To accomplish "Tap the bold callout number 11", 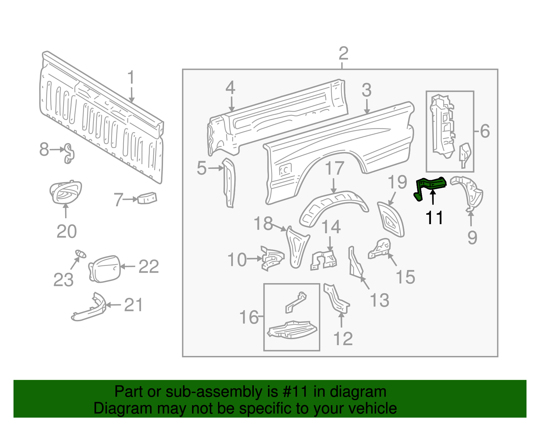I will click(x=434, y=218).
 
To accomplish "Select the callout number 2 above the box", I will click(x=343, y=54).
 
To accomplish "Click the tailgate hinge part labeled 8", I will click(x=69, y=153).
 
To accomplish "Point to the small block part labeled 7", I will click(x=147, y=198).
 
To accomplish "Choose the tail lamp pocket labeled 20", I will click(x=65, y=192).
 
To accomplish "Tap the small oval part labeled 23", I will click(x=80, y=254).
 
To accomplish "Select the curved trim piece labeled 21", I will click(x=89, y=307).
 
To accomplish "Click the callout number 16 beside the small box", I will click(x=249, y=317).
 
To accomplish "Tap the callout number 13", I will click(x=380, y=300).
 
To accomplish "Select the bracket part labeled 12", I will click(x=336, y=299).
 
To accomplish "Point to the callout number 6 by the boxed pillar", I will click(x=485, y=131).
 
